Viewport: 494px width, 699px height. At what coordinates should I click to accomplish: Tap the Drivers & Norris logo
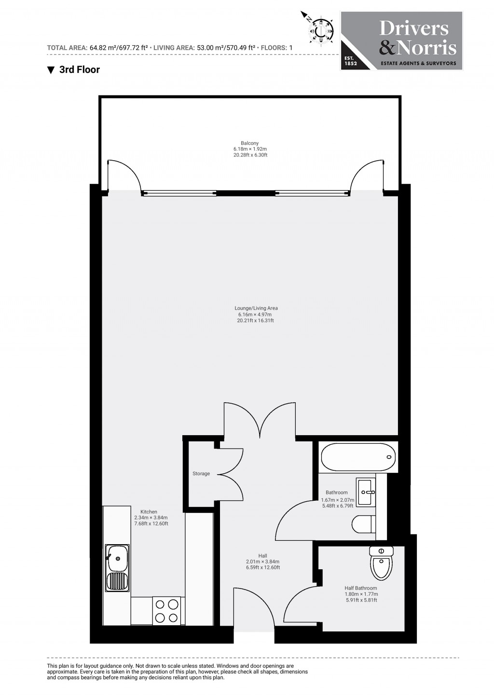[x=402, y=41]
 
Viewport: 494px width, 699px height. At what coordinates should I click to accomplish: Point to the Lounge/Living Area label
[x=256, y=314]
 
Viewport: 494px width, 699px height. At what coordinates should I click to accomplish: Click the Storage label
[x=201, y=474]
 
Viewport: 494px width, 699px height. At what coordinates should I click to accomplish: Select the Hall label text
[x=262, y=562]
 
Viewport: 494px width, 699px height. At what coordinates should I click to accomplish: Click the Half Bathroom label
[x=361, y=594]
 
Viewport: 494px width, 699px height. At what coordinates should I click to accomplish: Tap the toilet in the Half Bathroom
[x=381, y=563]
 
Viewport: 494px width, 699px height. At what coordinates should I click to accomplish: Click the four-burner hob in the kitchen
[x=166, y=610]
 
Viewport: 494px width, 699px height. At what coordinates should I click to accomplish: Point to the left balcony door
[x=123, y=177]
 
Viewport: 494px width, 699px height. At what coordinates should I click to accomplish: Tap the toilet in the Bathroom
[x=363, y=524]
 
